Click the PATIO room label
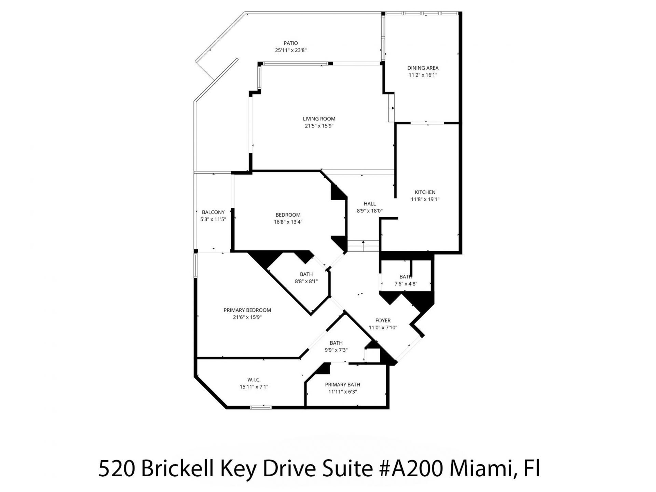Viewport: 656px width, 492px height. click(x=291, y=43)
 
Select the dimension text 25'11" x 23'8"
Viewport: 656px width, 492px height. click(x=291, y=50)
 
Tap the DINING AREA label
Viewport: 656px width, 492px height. click(x=423, y=68)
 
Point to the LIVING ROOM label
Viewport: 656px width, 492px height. click(x=319, y=119)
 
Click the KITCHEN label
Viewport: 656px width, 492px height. click(x=425, y=192)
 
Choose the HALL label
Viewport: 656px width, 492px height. click(x=370, y=204)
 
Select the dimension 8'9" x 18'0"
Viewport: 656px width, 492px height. click(x=370, y=211)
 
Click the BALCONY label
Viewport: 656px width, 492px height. click(x=213, y=212)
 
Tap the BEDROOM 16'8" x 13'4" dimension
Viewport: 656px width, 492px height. click(x=288, y=222)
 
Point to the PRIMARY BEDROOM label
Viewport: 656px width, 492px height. click(x=247, y=310)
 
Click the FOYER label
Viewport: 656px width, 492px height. click(x=383, y=320)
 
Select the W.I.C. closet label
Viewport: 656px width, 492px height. click(x=254, y=380)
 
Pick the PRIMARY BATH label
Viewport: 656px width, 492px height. click(x=342, y=384)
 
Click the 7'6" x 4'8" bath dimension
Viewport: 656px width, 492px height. click(x=406, y=284)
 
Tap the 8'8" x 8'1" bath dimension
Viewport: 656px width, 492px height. click(x=306, y=282)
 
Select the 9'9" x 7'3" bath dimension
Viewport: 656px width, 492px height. click(x=336, y=350)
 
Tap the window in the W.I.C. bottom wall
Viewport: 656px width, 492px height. click(x=261, y=407)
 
